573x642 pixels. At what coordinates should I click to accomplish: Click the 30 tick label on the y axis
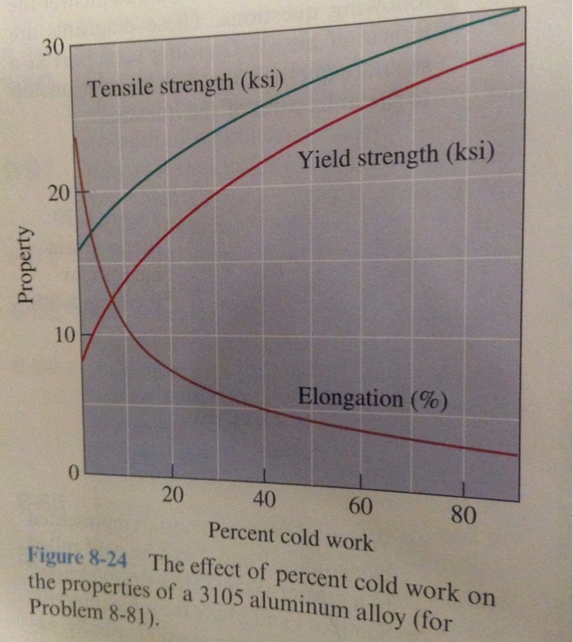coord(53,48)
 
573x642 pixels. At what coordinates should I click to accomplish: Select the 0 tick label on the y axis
coord(72,473)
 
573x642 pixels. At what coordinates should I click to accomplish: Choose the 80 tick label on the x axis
coord(463,514)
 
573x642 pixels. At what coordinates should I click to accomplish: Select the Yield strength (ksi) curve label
coord(396,158)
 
